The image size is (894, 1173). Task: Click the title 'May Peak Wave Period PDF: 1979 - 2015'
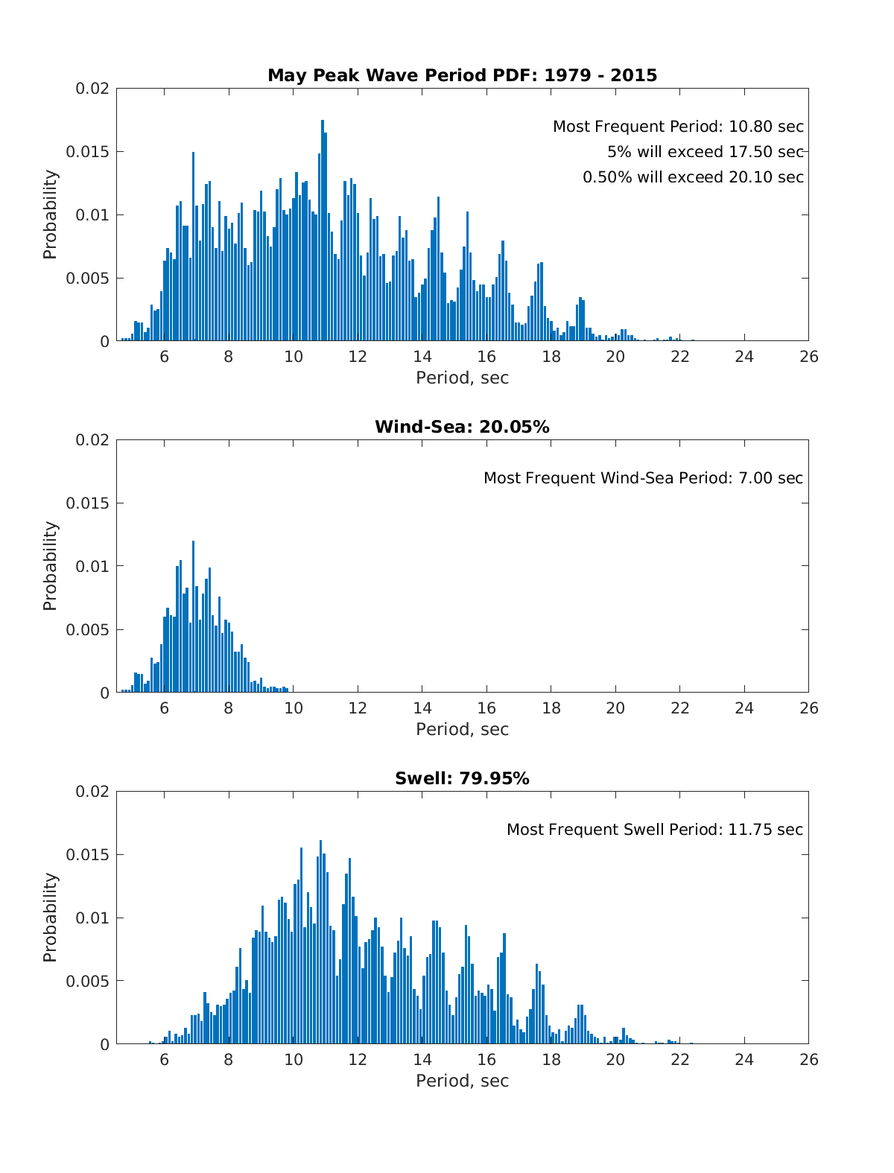[462, 75]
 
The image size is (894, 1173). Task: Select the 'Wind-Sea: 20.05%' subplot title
[462, 427]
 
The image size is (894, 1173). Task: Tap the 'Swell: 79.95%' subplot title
[462, 778]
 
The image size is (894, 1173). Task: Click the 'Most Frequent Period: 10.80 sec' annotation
[678, 127]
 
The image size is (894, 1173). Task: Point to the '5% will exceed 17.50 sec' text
[705, 152]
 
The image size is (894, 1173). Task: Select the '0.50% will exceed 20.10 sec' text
[693, 177]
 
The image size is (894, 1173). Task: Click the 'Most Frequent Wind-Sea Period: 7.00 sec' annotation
[643, 478]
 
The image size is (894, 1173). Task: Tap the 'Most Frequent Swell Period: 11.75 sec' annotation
[655, 830]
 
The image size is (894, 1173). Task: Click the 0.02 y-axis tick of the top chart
[92, 89]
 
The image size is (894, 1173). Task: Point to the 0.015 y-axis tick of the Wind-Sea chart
[87, 503]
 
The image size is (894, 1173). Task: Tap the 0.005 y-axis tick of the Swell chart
[87, 981]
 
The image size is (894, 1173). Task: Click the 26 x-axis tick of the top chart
[808, 357]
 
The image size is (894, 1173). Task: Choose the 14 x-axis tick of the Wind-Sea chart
[422, 708]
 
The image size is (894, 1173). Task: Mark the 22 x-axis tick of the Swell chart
[679, 1060]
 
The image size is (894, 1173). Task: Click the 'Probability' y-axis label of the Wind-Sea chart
[50, 566]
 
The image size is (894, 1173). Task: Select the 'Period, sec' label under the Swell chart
[462, 1081]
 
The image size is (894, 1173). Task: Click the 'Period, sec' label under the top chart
[462, 378]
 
